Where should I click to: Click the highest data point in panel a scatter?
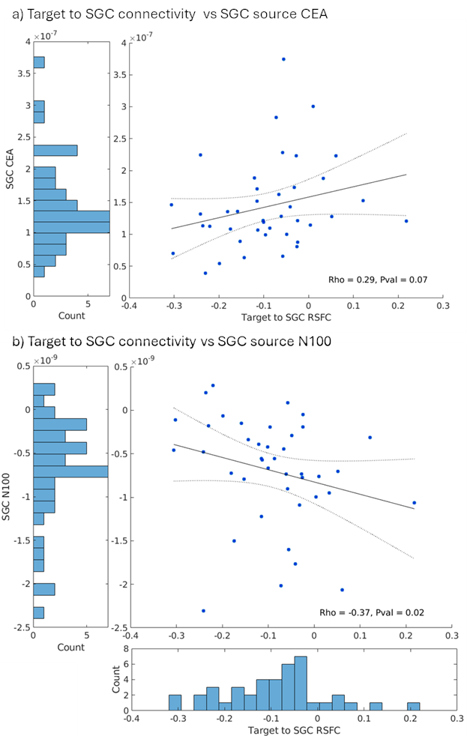pos(283,59)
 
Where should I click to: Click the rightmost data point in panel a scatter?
pos(406,221)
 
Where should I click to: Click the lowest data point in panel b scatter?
pos(203,610)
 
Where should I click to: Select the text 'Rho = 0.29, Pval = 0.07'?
pos(378,280)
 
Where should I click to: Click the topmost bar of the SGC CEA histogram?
pos(39,62)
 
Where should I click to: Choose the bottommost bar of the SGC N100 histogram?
pos(39,612)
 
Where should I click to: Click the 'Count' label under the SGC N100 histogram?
pos(71,647)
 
